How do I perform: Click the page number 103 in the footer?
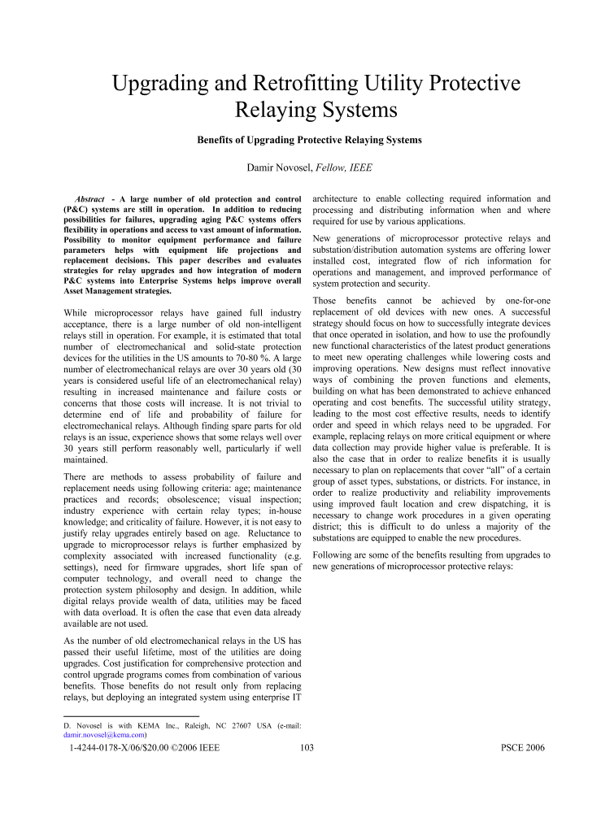307,748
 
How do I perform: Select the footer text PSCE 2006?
524,748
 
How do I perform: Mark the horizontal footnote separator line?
119,716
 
